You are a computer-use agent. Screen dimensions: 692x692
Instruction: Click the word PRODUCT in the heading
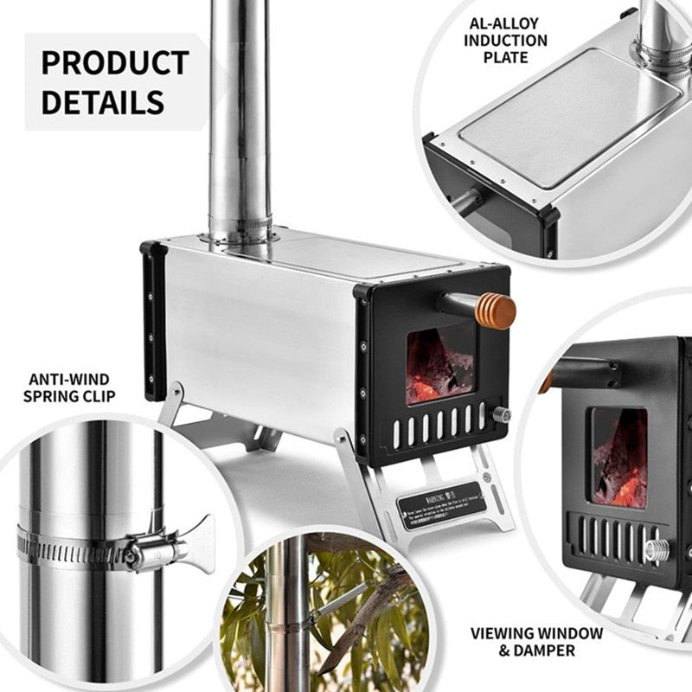click(115, 63)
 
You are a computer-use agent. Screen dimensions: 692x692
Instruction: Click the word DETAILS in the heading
click(103, 102)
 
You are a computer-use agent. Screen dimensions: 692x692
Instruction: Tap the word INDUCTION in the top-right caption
click(505, 41)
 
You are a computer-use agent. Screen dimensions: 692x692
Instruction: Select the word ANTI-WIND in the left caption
click(68, 379)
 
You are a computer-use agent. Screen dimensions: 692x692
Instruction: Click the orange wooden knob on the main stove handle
click(496, 311)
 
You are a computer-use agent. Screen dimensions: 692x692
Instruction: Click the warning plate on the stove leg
click(439, 504)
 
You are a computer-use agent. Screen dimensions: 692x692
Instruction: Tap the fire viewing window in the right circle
click(618, 456)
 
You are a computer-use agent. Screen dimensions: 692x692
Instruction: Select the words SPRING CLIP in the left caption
click(68, 398)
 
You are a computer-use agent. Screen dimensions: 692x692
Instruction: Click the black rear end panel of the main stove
click(154, 320)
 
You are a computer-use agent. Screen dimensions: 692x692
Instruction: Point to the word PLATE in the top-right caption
click(505, 58)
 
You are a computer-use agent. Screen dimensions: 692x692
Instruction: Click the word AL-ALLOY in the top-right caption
click(505, 23)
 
